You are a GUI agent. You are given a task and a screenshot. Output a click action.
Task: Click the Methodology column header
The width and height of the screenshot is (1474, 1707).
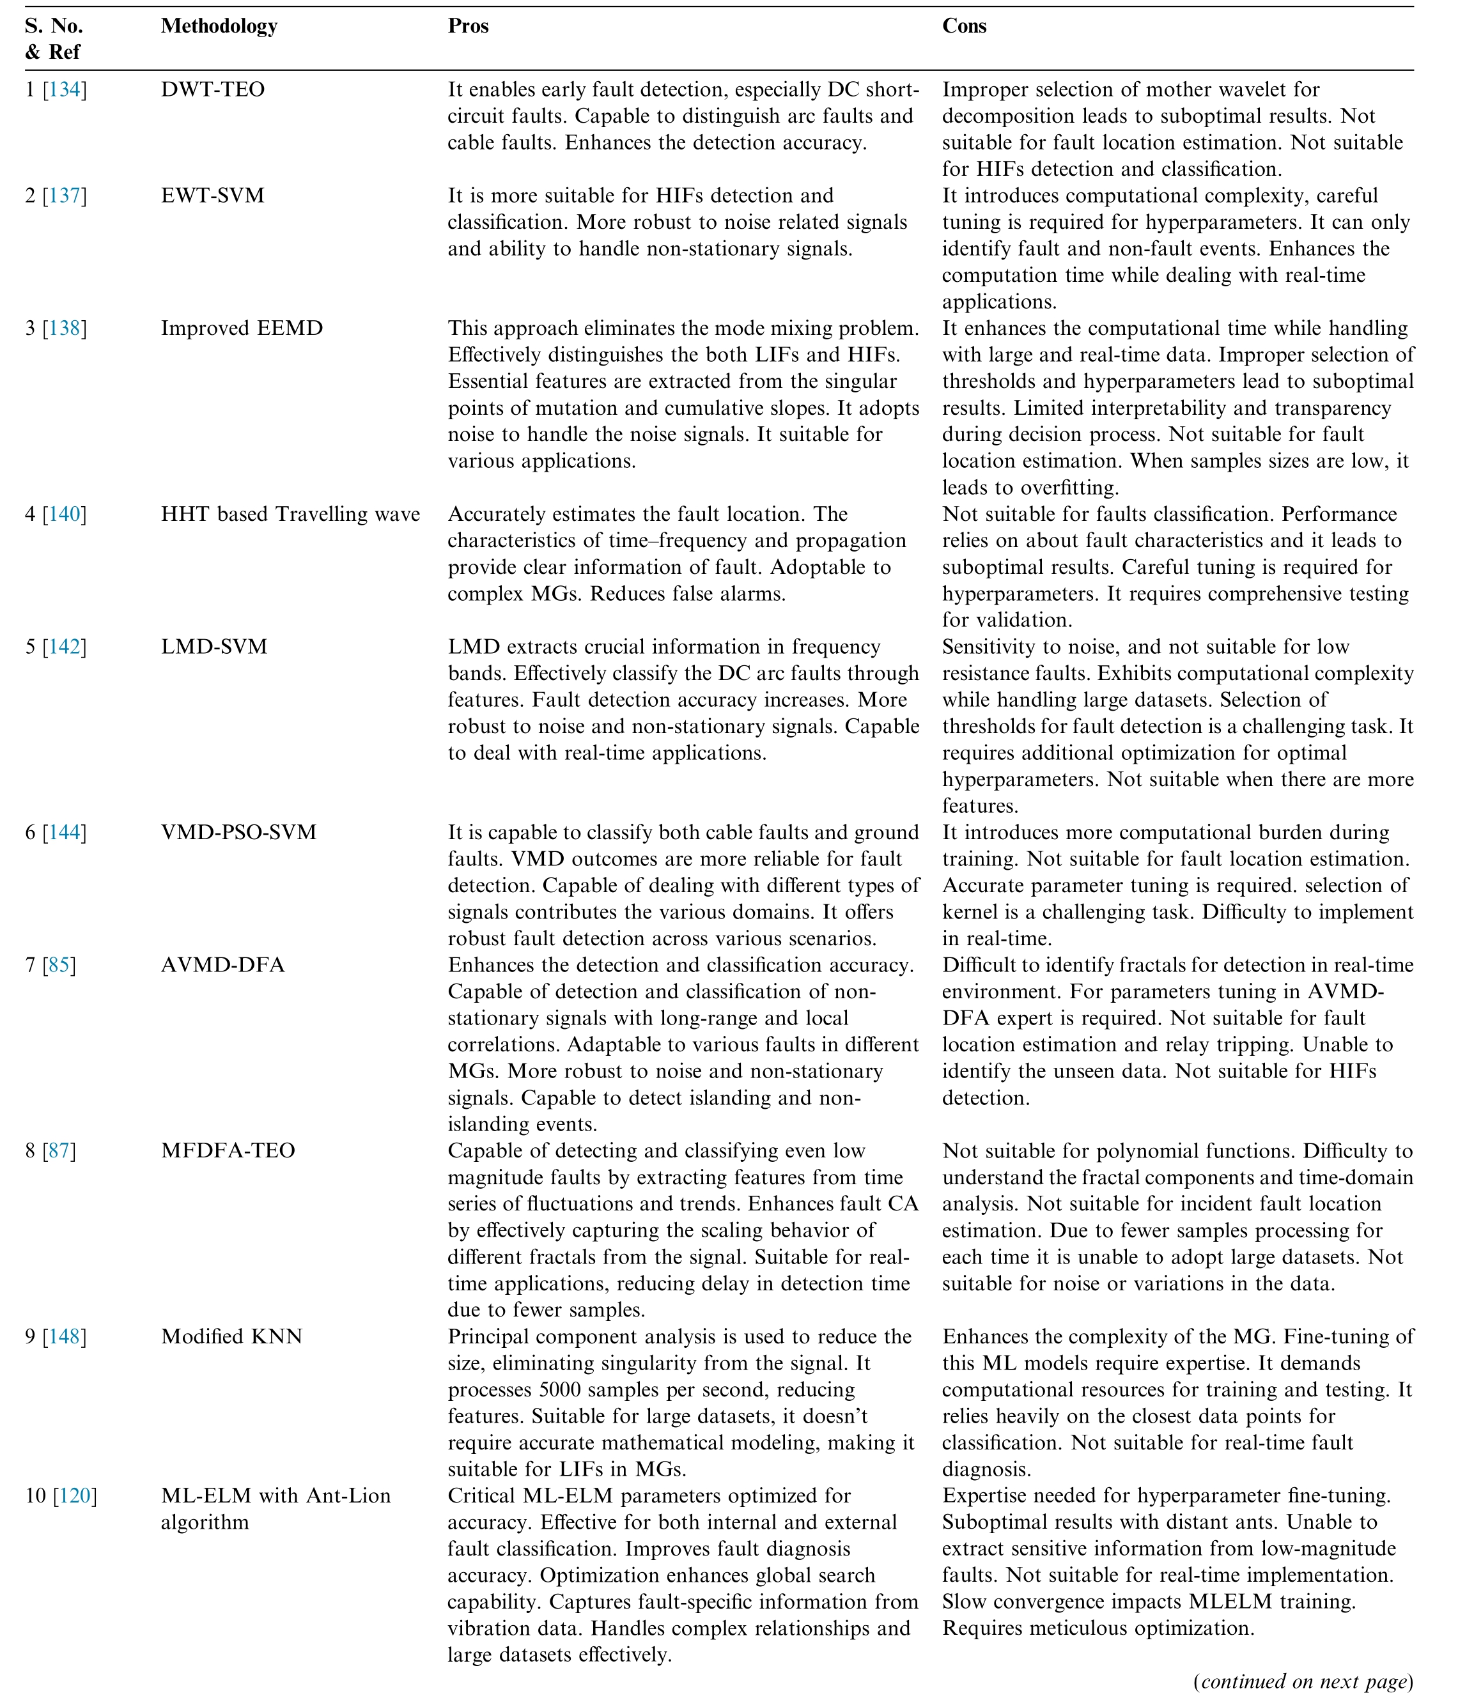[x=219, y=26]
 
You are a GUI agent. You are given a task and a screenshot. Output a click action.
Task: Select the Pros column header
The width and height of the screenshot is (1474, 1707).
[x=468, y=26]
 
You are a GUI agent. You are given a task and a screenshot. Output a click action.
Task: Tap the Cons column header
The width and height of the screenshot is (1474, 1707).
[x=964, y=26]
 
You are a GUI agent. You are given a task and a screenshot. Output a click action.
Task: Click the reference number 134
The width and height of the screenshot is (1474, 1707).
[x=65, y=90]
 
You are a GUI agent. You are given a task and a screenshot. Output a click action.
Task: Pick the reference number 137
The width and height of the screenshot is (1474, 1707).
[x=65, y=196]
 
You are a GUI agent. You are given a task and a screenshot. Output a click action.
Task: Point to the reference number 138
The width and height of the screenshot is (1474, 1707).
[x=65, y=328]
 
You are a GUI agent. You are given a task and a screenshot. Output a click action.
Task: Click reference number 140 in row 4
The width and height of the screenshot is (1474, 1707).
[x=65, y=514]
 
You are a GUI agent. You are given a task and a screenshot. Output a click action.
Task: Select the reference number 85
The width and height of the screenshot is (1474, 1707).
[x=59, y=965]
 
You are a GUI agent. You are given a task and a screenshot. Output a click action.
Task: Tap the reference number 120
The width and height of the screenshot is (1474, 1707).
[x=75, y=1495]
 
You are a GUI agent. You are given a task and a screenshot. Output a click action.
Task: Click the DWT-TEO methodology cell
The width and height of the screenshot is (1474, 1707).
[x=213, y=90]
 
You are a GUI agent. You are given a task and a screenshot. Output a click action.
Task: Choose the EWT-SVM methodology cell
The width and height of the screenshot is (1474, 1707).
[x=213, y=196]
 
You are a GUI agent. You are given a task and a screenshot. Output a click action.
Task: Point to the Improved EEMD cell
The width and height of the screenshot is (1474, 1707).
[x=242, y=328]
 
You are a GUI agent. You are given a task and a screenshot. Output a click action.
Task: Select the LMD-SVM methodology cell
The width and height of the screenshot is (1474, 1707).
[x=214, y=647]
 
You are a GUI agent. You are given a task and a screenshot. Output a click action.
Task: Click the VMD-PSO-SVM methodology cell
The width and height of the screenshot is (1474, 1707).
[x=239, y=832]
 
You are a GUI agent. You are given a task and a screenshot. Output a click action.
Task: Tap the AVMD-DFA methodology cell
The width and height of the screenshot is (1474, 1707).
[x=222, y=965]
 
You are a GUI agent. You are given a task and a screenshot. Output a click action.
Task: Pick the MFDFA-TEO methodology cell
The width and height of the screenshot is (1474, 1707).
[x=228, y=1150]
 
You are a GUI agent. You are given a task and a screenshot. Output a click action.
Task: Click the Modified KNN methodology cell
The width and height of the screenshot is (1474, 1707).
[x=231, y=1336]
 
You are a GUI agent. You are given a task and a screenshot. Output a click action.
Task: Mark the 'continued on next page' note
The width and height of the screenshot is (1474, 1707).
[x=1303, y=1681]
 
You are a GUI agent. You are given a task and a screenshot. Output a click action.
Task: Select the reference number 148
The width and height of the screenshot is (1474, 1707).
[x=65, y=1336]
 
